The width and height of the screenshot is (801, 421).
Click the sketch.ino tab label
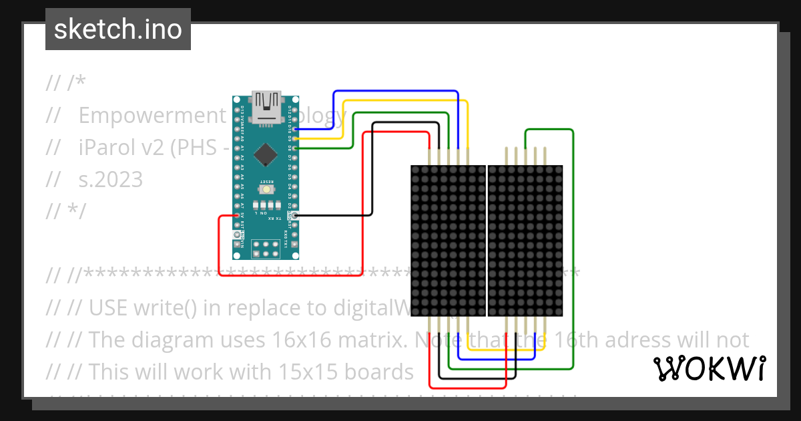pyautogui.click(x=117, y=29)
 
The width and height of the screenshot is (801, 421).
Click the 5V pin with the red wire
pyautogui.click(x=238, y=215)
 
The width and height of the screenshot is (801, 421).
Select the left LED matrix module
pyautogui.click(x=448, y=241)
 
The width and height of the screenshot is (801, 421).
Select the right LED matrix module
pyautogui.click(x=525, y=241)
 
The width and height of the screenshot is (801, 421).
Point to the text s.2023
pyautogui.click(x=111, y=179)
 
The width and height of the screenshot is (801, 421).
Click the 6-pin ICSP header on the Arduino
pyautogui.click(x=266, y=249)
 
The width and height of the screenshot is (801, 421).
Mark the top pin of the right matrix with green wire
pyautogui.click(x=526, y=154)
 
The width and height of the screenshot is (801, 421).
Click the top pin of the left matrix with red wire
pyautogui.click(x=429, y=154)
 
